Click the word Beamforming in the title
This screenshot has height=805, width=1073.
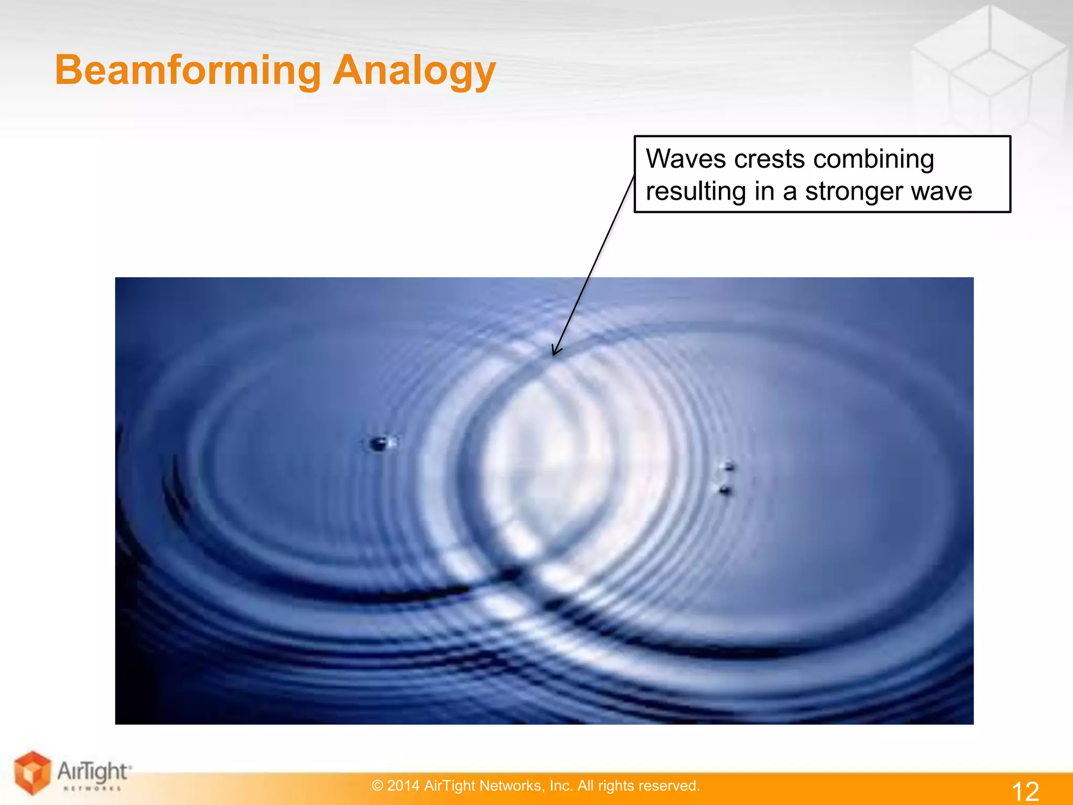(188, 71)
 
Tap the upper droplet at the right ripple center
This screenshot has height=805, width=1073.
(729, 465)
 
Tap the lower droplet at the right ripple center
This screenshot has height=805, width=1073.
(725, 489)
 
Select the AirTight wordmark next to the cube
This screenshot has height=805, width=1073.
(93, 771)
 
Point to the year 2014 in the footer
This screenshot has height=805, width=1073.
(403, 786)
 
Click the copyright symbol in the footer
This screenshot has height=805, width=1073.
(377, 786)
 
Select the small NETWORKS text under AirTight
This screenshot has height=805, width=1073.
(92, 788)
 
